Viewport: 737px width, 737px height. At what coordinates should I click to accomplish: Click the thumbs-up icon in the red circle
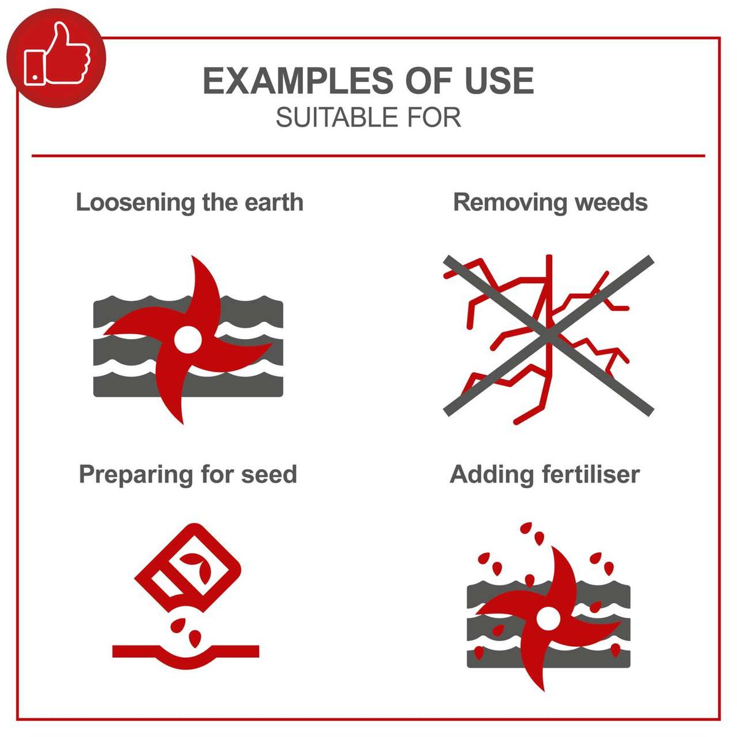57,55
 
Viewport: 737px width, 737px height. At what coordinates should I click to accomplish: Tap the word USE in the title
499,81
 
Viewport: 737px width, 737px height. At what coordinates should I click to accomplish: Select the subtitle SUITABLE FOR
368,117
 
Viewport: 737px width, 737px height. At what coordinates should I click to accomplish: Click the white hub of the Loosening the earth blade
187,338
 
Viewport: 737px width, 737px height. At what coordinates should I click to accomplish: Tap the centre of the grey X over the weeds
548,335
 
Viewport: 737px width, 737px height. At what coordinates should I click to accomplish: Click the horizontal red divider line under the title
368,156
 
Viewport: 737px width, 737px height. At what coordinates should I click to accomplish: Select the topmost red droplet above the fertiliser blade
526,528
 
